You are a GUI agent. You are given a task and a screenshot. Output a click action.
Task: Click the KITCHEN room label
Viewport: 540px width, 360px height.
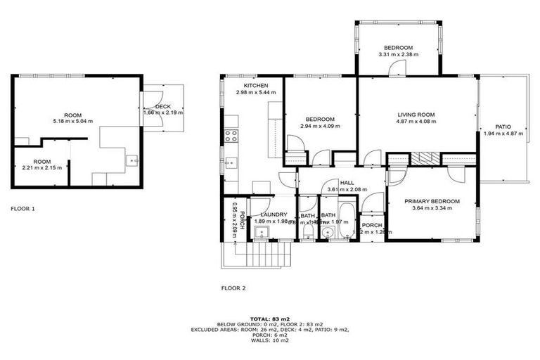[251, 85]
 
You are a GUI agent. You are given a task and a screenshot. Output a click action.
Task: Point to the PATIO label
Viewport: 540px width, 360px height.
[503, 127]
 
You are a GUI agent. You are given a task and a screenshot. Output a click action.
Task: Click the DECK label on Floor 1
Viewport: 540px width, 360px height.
[162, 106]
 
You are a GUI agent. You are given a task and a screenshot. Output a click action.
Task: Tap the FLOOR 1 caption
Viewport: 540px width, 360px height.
[23, 209]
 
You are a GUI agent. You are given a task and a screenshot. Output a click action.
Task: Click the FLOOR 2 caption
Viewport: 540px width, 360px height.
[233, 288]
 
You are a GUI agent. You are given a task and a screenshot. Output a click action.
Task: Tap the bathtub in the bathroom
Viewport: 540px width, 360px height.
[347, 221]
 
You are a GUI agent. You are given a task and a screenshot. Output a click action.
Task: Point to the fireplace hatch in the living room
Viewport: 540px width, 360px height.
[424, 158]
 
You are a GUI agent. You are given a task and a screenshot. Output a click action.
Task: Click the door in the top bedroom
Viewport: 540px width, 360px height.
[398, 68]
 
